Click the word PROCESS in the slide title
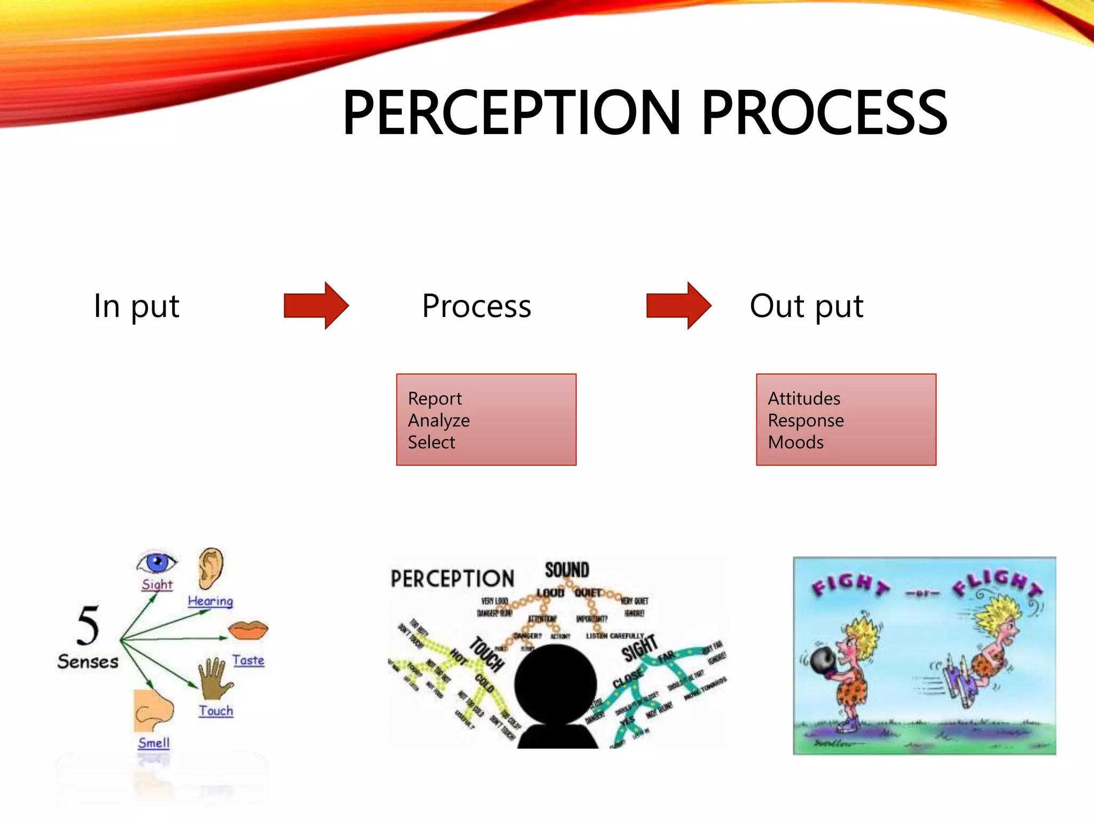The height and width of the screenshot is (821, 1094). (824, 113)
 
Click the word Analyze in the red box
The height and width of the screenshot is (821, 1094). (439, 421)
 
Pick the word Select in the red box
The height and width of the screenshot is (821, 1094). (431, 443)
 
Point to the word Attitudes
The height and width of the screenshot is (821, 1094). (804, 399)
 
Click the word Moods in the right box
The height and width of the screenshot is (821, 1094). (795, 443)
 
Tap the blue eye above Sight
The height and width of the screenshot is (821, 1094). (157, 562)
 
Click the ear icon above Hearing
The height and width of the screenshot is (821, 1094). (211, 568)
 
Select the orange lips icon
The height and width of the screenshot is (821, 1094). (248, 630)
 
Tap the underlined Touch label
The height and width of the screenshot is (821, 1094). (216, 711)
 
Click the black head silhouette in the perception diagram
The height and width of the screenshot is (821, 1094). (556, 690)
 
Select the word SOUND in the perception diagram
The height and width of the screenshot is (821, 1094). (567, 570)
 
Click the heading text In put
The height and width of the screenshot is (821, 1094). (136, 306)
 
